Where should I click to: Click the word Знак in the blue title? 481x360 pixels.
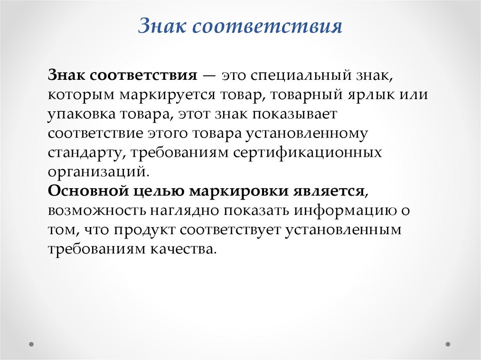[162, 27]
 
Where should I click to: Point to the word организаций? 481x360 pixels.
[98, 172]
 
